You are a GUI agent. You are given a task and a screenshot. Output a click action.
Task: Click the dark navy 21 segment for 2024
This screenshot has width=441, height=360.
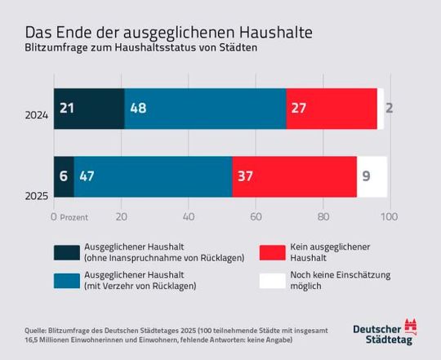pyautogui.click(x=89, y=108)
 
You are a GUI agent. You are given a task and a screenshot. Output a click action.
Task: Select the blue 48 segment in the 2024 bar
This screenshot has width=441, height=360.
pyautogui.click(x=205, y=108)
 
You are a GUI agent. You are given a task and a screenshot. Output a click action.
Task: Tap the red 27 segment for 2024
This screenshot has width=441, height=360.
pyautogui.click(x=332, y=108)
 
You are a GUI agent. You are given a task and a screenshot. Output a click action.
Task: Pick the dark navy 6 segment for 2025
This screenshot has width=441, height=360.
pyautogui.click(x=64, y=176)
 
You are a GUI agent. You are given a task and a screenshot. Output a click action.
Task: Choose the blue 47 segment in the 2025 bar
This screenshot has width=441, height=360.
pyautogui.click(x=153, y=176)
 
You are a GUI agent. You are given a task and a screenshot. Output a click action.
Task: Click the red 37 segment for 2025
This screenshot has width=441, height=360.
pyautogui.click(x=294, y=176)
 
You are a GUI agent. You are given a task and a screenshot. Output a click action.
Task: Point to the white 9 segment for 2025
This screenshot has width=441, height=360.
pyautogui.click(x=372, y=176)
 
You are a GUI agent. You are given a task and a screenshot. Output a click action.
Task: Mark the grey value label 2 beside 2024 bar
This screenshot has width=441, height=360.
pyautogui.click(x=389, y=108)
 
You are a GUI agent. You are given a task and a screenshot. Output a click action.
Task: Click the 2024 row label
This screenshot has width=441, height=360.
pyautogui.click(x=37, y=116)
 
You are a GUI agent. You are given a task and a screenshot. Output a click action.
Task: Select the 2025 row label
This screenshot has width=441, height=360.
pyautogui.click(x=37, y=195)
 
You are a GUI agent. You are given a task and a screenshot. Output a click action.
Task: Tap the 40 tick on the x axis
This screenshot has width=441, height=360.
pyautogui.click(x=188, y=216)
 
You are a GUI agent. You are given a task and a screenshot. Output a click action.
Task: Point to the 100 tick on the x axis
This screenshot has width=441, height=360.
pyautogui.click(x=389, y=216)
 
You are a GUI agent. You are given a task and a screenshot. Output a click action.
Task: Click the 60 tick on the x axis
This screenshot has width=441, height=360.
pyautogui.click(x=255, y=216)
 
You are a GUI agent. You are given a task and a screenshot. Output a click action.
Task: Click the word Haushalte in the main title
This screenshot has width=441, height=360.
pyautogui.click(x=264, y=33)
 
